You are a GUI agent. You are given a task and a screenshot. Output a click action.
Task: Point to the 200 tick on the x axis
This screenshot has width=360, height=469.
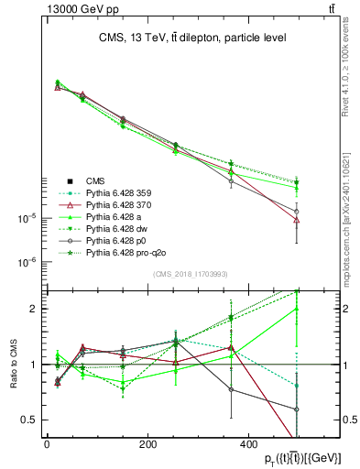(x=147, y=444)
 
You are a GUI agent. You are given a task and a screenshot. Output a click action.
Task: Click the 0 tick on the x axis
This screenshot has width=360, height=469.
(x=47, y=444)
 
